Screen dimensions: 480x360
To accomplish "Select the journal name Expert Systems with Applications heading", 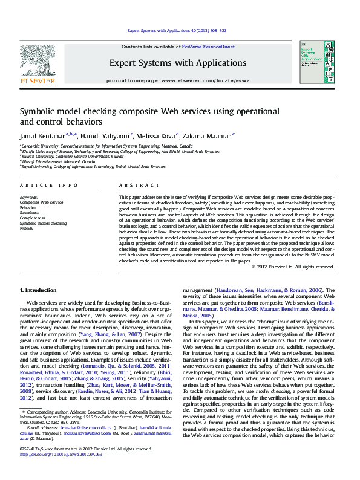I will pyautogui.click(x=178, y=63).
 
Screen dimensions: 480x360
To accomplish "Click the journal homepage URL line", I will pyautogui.click(x=177, y=80).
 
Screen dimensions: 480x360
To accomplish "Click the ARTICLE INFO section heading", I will pyautogui.click(x=48, y=185).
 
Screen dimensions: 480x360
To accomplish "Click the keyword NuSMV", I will pyautogui.click(x=27, y=229).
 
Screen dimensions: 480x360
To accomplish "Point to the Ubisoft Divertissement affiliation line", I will pyautogui.click(x=57, y=161).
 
